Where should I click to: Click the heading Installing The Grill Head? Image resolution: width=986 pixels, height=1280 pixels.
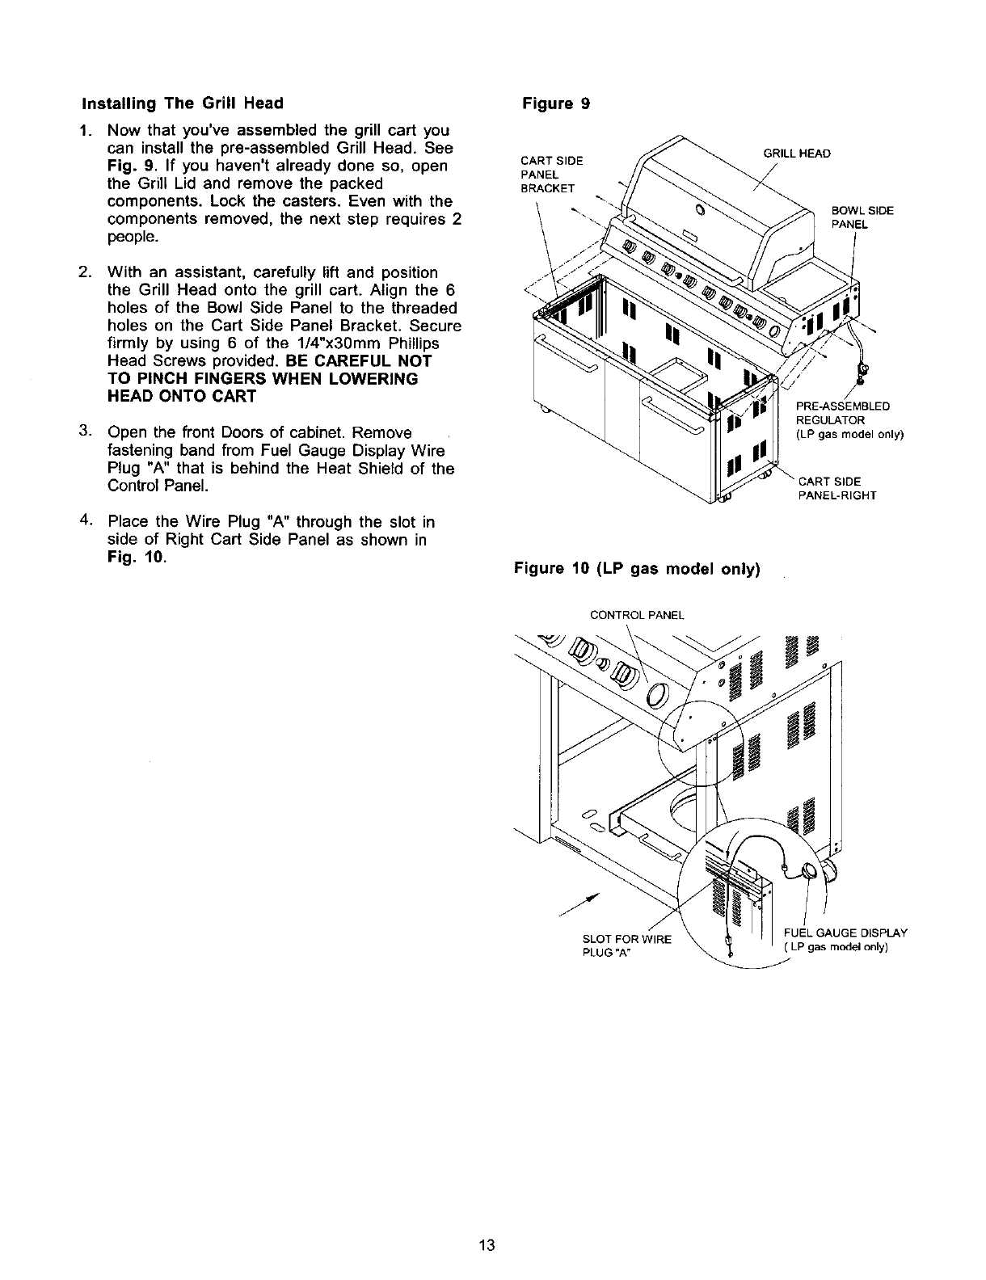(x=182, y=104)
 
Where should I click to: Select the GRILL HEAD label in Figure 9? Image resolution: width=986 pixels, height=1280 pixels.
(x=797, y=154)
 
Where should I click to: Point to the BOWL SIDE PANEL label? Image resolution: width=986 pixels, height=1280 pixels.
(x=862, y=217)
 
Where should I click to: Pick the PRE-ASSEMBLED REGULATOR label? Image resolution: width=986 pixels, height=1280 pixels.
(x=849, y=420)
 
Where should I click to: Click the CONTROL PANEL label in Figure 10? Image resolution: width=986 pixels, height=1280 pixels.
(x=637, y=615)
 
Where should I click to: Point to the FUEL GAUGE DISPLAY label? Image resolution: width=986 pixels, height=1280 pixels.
(x=845, y=938)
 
